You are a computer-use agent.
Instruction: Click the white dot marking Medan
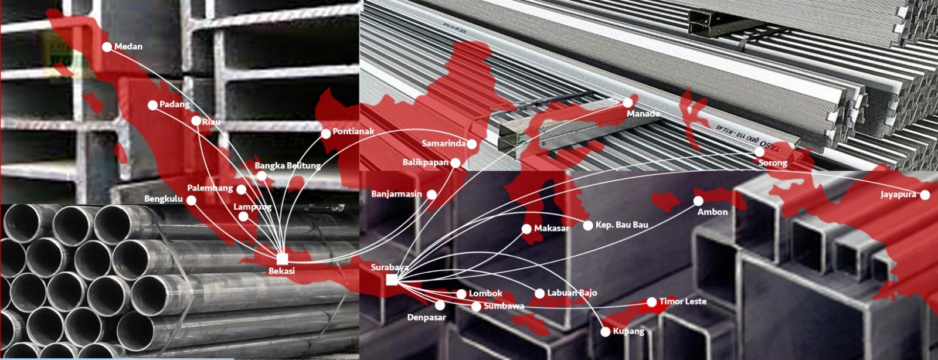coord(107,47)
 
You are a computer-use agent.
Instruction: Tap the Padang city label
coord(175,104)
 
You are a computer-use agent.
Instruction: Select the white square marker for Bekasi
coord(282,259)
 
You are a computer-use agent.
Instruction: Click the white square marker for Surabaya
coord(392,280)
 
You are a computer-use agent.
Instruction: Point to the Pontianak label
coord(354,131)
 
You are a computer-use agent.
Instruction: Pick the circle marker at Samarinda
coord(472,144)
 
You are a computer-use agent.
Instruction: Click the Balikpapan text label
coord(426,162)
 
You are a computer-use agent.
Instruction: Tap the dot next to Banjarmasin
coord(431,194)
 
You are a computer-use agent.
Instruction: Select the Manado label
coord(643,114)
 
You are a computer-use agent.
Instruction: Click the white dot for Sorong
coord(760,151)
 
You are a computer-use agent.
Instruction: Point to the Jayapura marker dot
coord(925,195)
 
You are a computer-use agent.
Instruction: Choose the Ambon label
coord(712,212)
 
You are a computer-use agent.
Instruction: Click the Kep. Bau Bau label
coord(622,225)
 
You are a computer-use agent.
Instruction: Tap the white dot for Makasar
coord(527,229)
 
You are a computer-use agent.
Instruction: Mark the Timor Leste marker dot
coord(651,302)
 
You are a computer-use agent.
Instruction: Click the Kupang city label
coord(628,331)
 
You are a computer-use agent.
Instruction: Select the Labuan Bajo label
coord(572,293)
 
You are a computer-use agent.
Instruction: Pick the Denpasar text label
coord(426,318)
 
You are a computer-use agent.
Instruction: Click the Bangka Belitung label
coord(288,166)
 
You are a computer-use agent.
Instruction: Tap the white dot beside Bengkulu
coord(191,201)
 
